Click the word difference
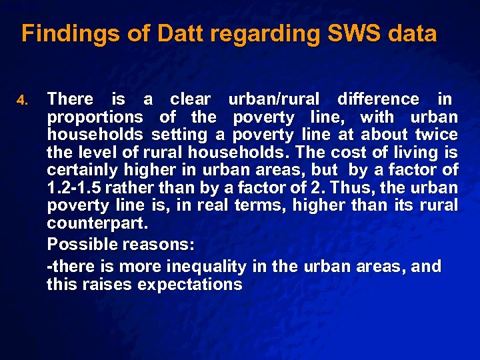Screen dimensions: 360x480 (378, 99)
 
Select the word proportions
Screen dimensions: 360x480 (95, 118)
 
